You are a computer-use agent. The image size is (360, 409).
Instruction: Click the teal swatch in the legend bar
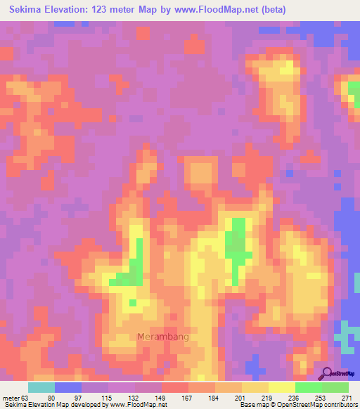pos(41,387)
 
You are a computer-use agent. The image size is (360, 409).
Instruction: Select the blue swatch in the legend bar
pos(67,387)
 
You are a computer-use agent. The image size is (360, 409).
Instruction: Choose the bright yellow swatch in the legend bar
pos(281,387)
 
